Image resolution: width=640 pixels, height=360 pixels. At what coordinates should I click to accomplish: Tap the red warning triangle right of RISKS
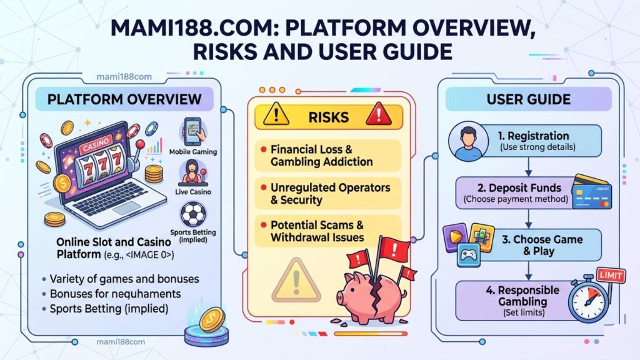[376, 115]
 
